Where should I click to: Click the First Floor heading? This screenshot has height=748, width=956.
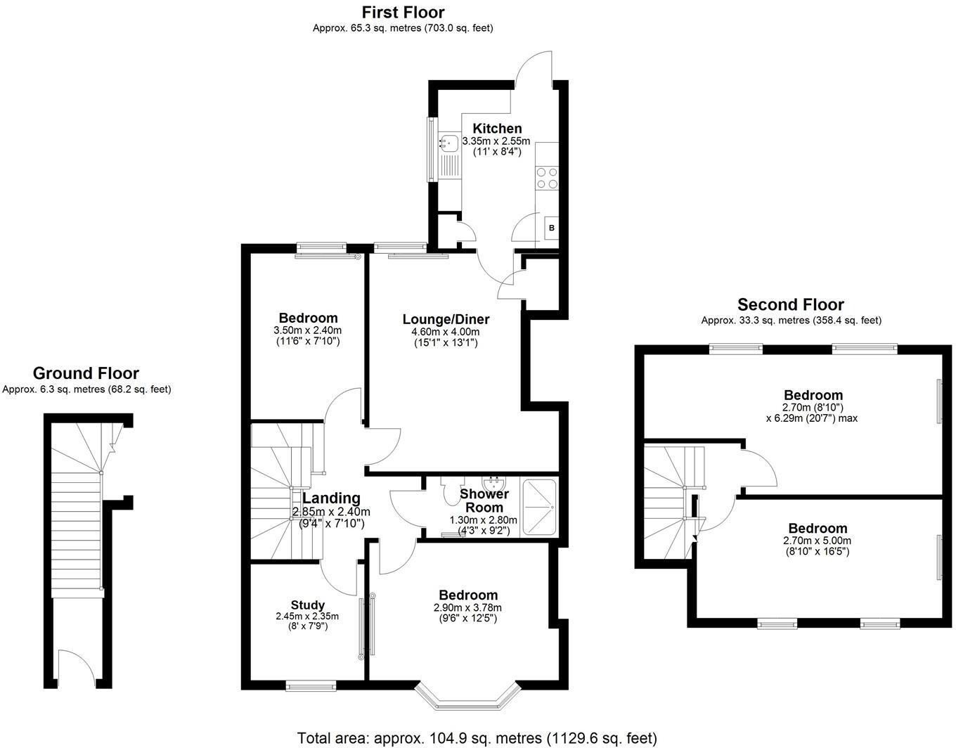(403, 12)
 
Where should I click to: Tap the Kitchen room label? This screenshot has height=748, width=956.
(497, 129)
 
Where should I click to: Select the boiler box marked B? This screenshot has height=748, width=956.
(551, 228)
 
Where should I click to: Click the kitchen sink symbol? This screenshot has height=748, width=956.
(448, 144)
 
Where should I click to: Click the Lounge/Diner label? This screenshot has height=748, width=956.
(446, 319)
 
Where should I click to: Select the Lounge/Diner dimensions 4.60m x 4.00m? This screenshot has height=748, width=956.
(446, 332)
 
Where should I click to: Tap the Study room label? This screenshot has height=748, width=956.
(308, 605)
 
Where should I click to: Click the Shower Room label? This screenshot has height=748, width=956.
(484, 501)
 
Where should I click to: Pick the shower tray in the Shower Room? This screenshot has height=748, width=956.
(539, 508)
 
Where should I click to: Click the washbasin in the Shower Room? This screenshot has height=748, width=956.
(494, 483)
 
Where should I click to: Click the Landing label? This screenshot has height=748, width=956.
(331, 498)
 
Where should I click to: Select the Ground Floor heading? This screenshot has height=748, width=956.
(86, 373)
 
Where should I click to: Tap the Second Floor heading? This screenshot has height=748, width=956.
(790, 304)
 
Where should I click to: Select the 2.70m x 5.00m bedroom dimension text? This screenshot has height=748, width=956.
(817, 541)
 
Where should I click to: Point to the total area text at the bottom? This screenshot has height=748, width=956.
(477, 738)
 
